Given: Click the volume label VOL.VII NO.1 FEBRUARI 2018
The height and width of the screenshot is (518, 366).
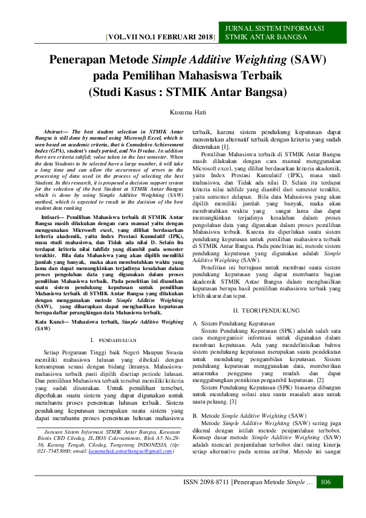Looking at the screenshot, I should point(161,38).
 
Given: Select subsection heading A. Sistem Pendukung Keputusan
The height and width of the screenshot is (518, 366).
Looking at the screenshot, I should point(234,323).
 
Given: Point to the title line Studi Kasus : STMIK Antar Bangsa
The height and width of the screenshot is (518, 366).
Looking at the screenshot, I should point(188,93).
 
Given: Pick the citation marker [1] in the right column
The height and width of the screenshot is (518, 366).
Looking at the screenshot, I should point(226,146).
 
